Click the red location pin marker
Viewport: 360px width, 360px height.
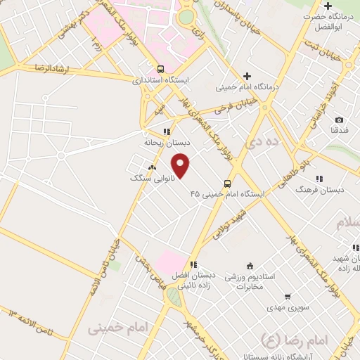tap(181, 166)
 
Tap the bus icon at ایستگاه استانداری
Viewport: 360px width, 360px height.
tap(162, 70)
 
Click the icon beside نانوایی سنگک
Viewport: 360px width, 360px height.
tap(152, 167)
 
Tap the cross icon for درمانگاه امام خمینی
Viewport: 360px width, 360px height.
tap(247, 76)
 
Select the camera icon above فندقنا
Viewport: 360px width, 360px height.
tap(339, 120)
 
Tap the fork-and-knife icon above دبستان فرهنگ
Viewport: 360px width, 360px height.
tap(319, 179)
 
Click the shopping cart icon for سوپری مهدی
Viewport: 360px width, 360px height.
tap(288, 297)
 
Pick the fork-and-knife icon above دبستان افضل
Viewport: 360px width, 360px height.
tap(193, 264)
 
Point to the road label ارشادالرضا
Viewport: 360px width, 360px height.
tap(34, 68)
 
